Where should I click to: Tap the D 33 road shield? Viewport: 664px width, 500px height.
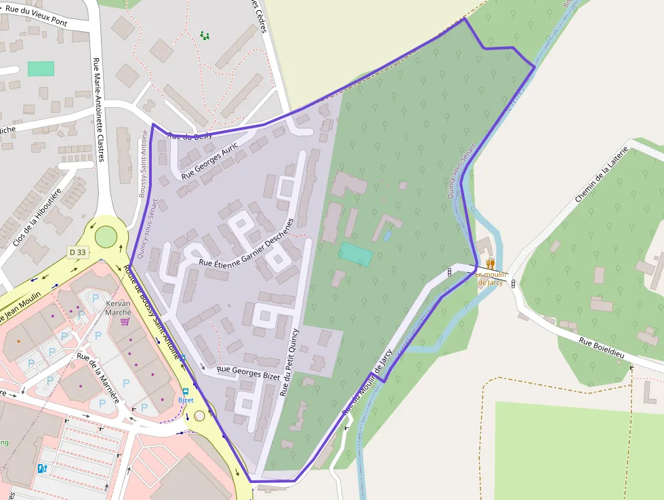(77, 252)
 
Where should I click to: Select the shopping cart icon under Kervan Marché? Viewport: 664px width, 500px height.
(124, 322)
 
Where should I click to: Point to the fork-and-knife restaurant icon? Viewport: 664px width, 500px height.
(490, 263)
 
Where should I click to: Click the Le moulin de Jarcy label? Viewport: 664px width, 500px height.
(490, 278)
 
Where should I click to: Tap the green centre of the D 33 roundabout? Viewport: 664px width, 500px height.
(106, 237)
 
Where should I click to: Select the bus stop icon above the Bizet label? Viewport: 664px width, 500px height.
(185, 391)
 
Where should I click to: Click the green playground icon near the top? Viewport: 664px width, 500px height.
(205, 35)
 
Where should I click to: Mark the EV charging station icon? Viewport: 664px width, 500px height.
(42, 467)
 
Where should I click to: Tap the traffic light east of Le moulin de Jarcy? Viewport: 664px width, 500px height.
(513, 282)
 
